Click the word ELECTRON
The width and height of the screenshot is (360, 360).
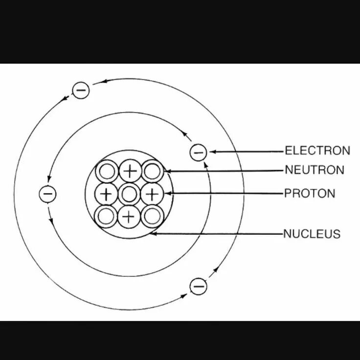[x=317, y=151]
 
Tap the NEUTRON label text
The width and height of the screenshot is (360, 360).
[x=315, y=170]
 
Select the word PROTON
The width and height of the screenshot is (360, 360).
[x=310, y=193]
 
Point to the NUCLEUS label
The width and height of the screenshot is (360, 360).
[x=312, y=234]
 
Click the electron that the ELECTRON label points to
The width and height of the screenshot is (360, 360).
[x=198, y=153]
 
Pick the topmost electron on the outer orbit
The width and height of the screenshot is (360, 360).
[x=81, y=90]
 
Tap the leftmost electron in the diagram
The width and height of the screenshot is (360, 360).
[x=47, y=194]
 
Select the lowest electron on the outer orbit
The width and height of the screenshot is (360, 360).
[x=198, y=286]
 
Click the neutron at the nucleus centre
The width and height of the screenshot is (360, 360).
[x=129, y=194]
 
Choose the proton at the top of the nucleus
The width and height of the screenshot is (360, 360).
[x=129, y=171]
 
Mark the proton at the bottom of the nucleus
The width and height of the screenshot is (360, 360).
[x=128, y=217]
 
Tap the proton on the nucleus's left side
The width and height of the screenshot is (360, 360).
[x=106, y=194]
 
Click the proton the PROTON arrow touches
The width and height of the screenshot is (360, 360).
[x=152, y=194]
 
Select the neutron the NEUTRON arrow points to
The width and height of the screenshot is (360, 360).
[x=152, y=172]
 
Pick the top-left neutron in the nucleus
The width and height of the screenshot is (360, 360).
[x=106, y=172]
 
